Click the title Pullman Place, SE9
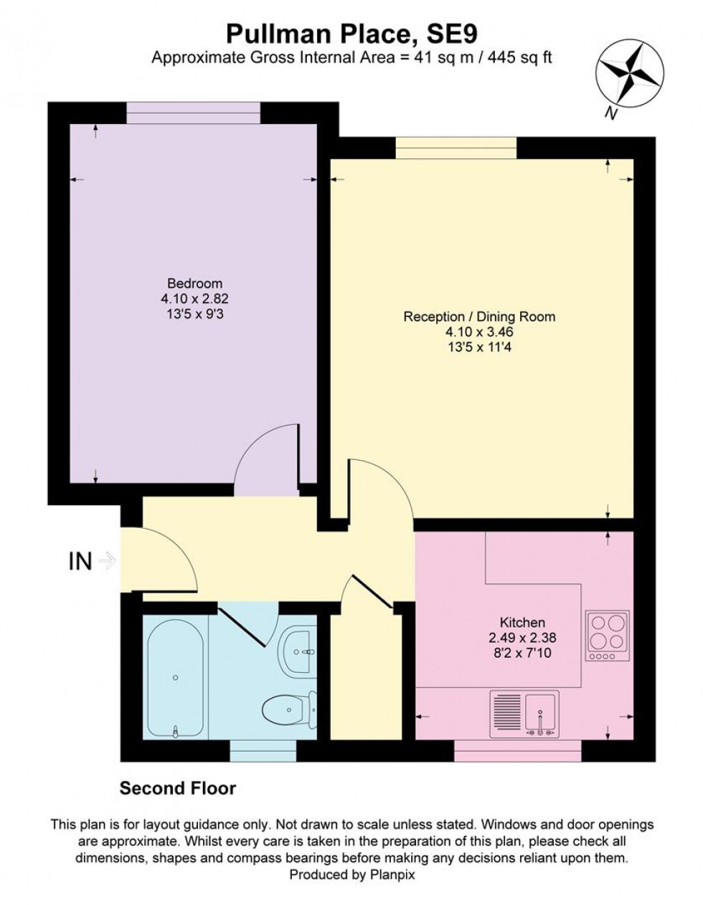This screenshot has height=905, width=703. click(351, 33)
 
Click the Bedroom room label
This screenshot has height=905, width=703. click(194, 283)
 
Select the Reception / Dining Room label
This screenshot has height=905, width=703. click(479, 317)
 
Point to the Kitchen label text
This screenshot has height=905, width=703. click(522, 623)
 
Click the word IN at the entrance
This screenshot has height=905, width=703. click(80, 562)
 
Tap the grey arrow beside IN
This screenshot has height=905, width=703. click(107, 561)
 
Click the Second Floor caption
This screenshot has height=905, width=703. click(177, 789)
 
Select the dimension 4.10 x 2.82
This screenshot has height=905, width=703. click(194, 299)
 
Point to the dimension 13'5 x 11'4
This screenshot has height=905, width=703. click(479, 348)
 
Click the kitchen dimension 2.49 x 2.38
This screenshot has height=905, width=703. click(522, 638)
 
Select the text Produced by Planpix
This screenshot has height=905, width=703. click(351, 874)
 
